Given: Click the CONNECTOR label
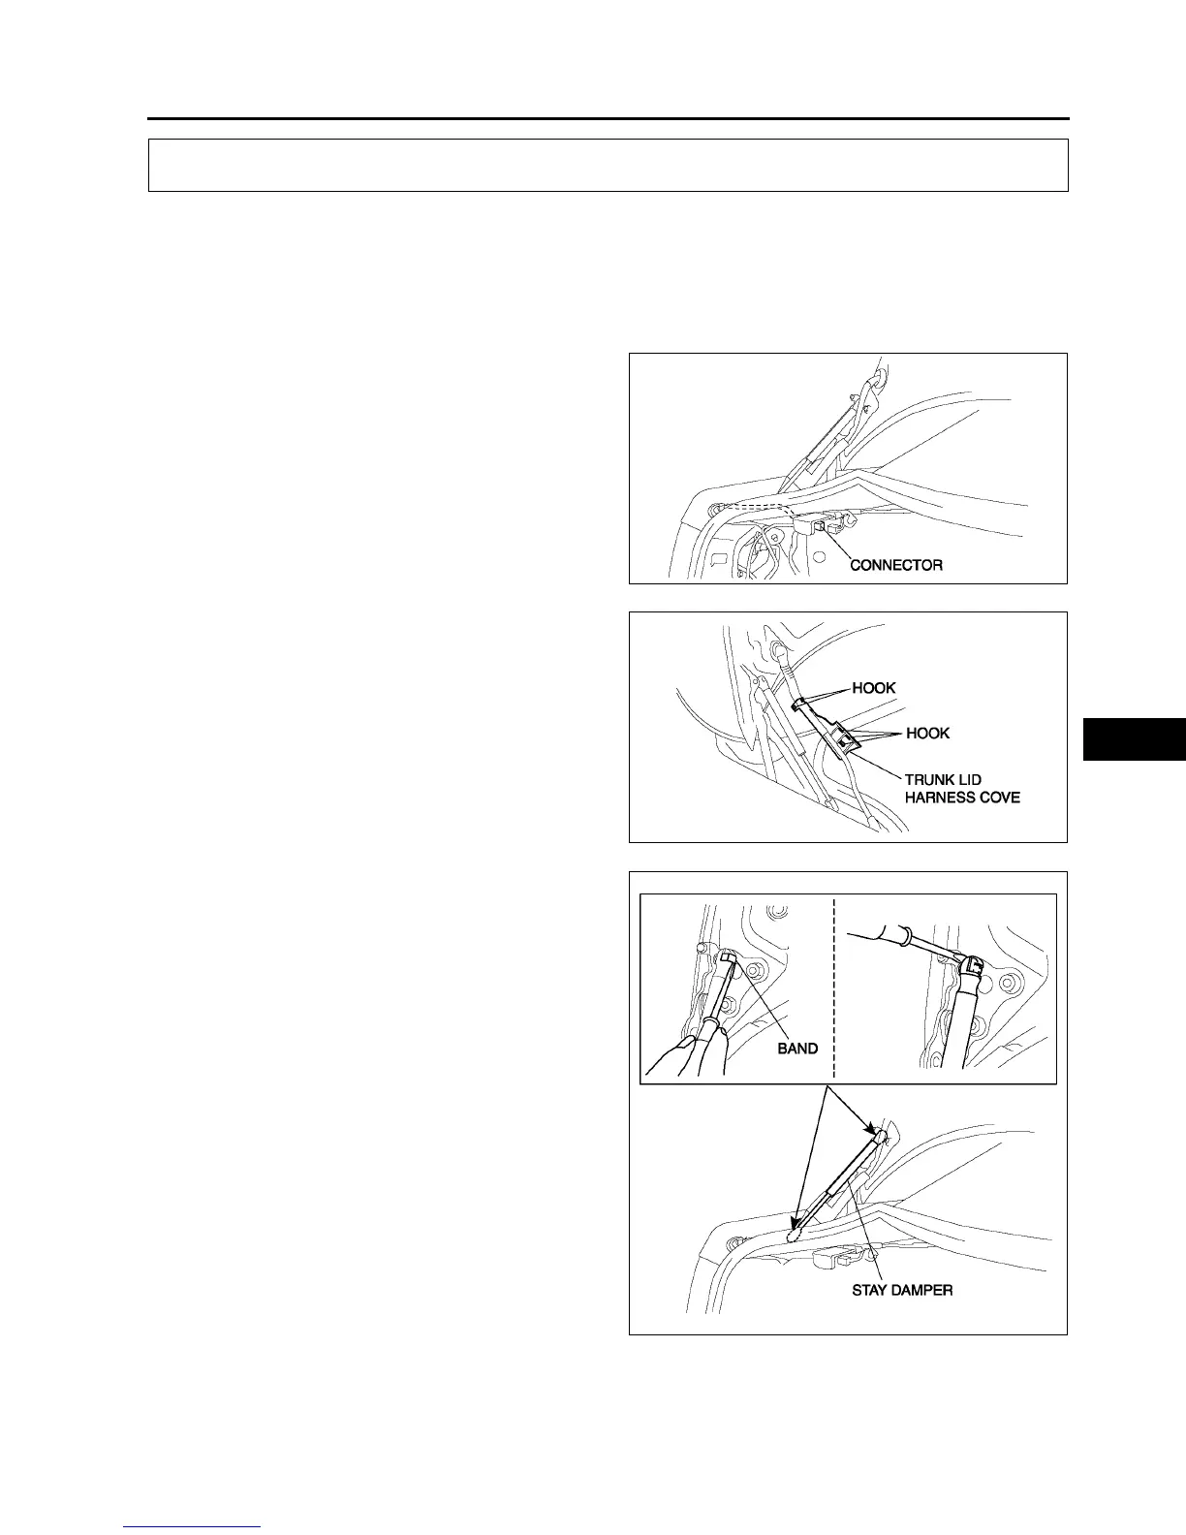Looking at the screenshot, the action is (895, 565).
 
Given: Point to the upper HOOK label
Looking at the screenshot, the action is (873, 688).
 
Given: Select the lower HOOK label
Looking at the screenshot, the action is (927, 733).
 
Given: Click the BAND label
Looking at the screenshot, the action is (797, 1049).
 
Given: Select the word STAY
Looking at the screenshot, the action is (871, 1291).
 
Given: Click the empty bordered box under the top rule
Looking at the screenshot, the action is (608, 165).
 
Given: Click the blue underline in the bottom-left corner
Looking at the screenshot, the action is (192, 1526).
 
